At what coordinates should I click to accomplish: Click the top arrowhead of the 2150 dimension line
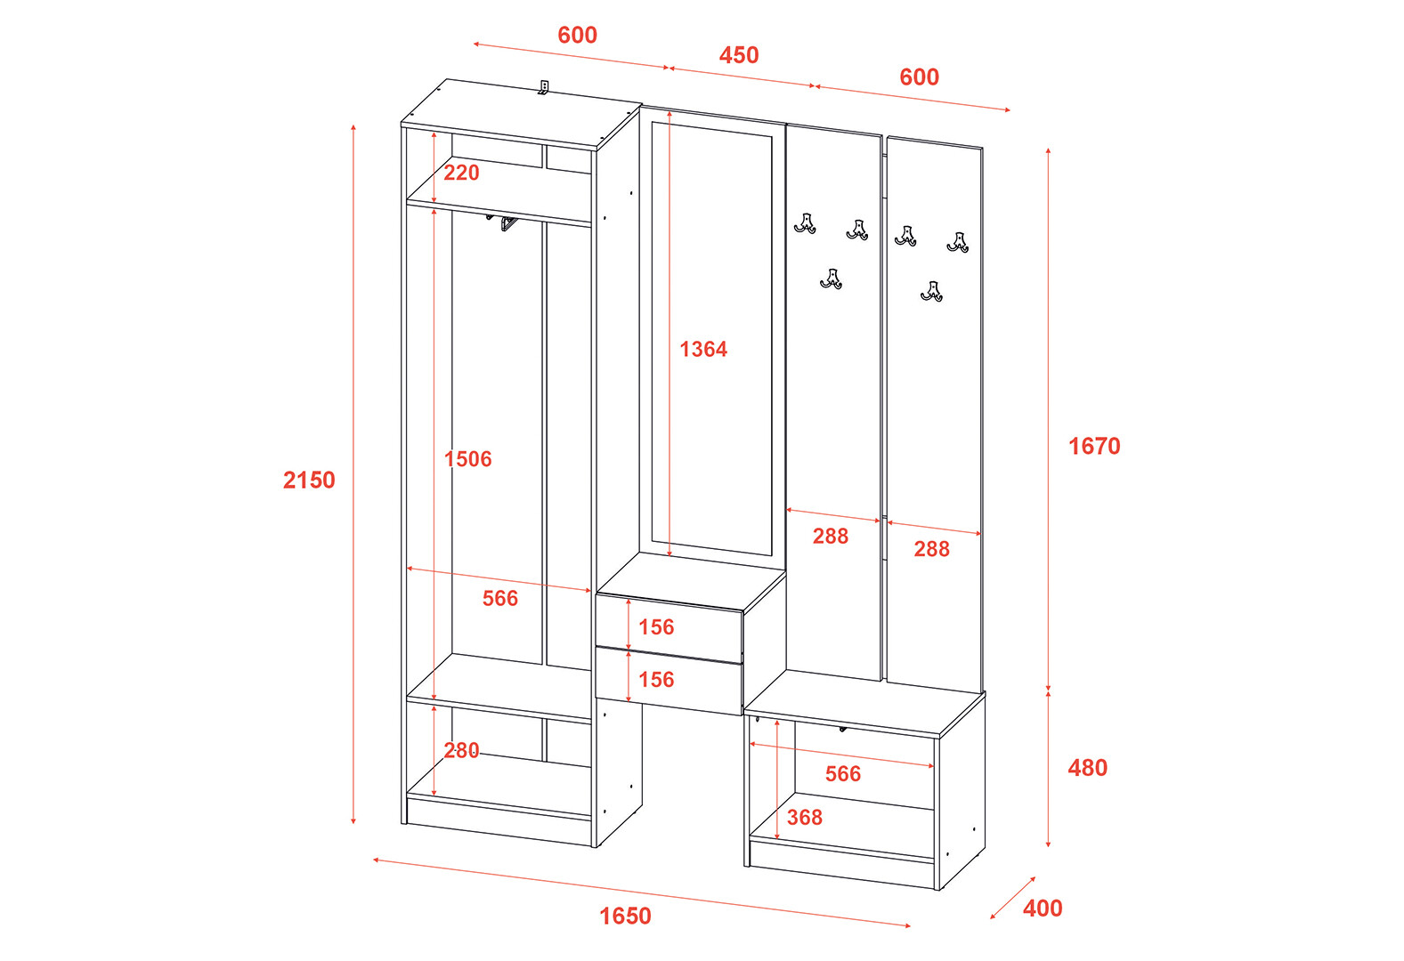(x=353, y=126)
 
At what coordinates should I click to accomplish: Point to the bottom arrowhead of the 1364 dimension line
(x=670, y=554)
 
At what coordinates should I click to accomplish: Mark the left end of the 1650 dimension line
(x=375, y=860)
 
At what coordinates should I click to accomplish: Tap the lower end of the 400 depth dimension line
(x=992, y=917)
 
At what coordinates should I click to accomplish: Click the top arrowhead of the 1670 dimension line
(x=1048, y=150)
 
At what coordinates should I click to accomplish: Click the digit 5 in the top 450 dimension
(x=739, y=55)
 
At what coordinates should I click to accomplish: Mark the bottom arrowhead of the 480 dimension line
(x=1048, y=845)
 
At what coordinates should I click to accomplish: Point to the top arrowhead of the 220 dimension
(x=434, y=134)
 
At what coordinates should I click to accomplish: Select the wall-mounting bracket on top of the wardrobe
(x=544, y=87)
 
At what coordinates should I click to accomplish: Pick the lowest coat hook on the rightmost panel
(x=932, y=292)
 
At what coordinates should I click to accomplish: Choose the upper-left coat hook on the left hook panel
(x=806, y=223)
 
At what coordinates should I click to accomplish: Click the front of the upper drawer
(x=669, y=628)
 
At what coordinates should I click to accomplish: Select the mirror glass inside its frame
(x=711, y=339)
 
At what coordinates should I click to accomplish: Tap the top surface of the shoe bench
(x=865, y=703)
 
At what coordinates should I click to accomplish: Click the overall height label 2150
(x=309, y=480)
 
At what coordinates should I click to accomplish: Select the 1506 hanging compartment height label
(x=468, y=459)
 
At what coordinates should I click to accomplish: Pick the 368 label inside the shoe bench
(x=805, y=817)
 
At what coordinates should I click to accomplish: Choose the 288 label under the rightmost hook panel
(x=931, y=549)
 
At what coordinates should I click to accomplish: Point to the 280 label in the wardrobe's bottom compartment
(x=461, y=750)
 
